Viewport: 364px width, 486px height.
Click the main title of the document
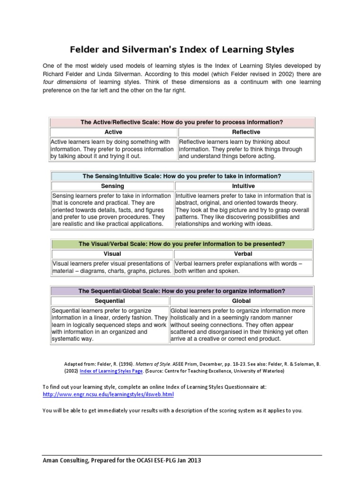(x=182, y=49)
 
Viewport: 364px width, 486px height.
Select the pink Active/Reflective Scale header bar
(x=182, y=122)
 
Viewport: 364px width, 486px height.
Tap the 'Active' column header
(x=113, y=132)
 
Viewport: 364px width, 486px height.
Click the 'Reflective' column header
(x=246, y=132)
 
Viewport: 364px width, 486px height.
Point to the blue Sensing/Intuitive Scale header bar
(x=182, y=176)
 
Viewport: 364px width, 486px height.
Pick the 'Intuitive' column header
(x=243, y=186)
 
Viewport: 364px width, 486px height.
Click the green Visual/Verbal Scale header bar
(x=182, y=244)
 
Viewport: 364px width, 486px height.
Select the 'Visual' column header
(x=112, y=254)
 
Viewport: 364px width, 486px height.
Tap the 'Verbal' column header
(x=243, y=254)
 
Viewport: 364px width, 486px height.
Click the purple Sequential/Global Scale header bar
(x=182, y=291)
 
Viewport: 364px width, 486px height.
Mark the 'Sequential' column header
(x=109, y=301)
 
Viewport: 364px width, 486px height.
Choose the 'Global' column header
(x=241, y=301)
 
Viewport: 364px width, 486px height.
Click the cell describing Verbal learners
(x=243, y=267)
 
